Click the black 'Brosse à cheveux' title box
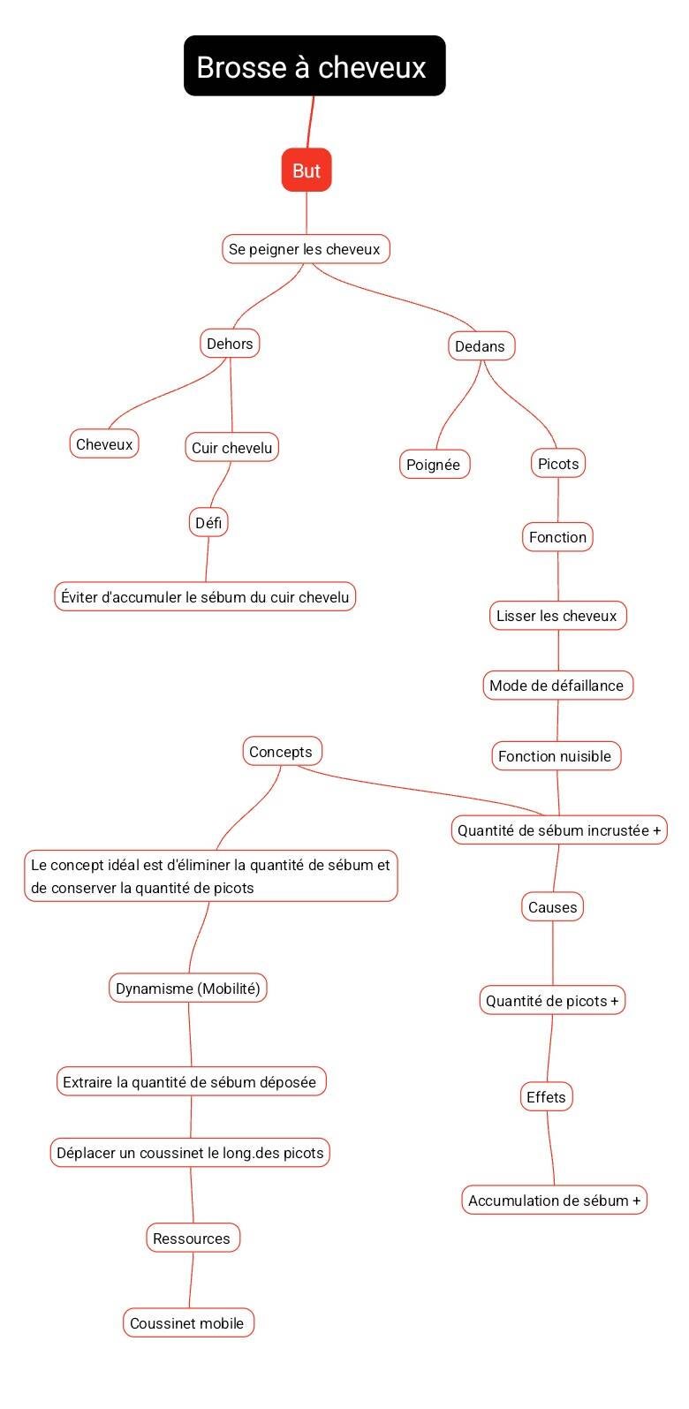(314, 66)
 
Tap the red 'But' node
(307, 170)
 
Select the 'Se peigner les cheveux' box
(305, 249)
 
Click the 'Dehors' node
(230, 344)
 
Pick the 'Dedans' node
(480, 346)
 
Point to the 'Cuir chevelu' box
(232, 448)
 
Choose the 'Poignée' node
(434, 465)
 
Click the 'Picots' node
(558, 464)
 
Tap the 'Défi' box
(208, 523)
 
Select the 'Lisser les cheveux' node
(556, 616)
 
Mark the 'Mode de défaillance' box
(556, 686)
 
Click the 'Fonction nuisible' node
(555, 756)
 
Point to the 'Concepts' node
(281, 752)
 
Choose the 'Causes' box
(552, 907)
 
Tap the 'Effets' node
(546, 1097)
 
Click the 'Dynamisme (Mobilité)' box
(188, 989)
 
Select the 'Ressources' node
(192, 1239)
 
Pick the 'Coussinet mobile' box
(187, 1323)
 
